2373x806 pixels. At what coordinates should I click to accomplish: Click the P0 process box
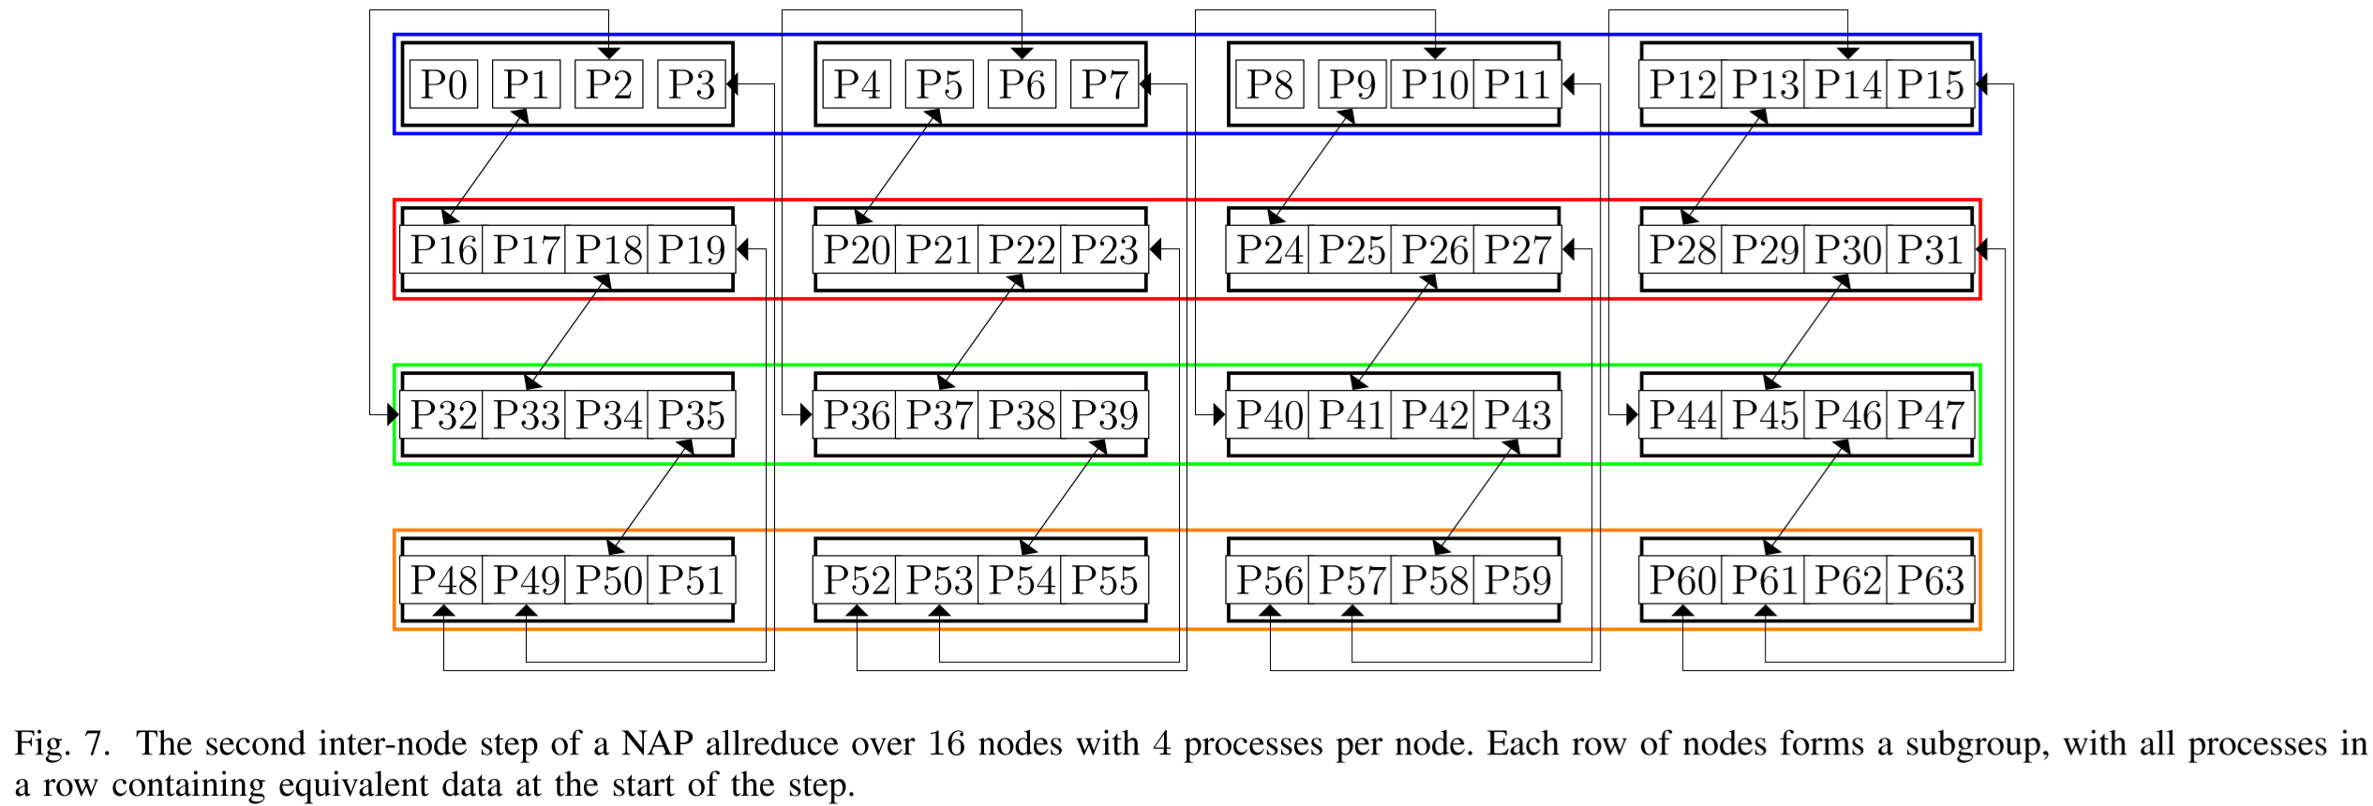443,84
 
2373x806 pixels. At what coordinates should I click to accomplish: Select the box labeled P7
1104,84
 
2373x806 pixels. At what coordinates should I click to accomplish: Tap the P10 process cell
1434,84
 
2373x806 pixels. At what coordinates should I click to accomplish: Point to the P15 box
1930,84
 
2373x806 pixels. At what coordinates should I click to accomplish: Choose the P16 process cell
443,250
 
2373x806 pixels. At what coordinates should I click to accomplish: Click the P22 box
1022,250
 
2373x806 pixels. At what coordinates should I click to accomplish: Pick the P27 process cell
1516,250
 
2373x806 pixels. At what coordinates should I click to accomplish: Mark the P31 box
1930,250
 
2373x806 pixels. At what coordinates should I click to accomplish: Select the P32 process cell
443,415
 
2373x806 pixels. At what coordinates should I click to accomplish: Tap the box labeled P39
1104,415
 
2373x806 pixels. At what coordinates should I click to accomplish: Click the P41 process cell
1351,415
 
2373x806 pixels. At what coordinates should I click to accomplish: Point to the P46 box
1847,415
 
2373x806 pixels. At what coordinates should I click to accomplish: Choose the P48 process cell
443,581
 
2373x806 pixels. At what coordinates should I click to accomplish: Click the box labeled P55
1104,581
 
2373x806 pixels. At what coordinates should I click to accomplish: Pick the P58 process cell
1434,581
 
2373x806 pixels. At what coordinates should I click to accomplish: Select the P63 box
1930,581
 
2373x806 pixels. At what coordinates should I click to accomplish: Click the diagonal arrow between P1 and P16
485,167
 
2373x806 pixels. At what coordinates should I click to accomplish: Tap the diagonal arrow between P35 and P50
650,498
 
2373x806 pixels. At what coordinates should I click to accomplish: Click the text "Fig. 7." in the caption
62,744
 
